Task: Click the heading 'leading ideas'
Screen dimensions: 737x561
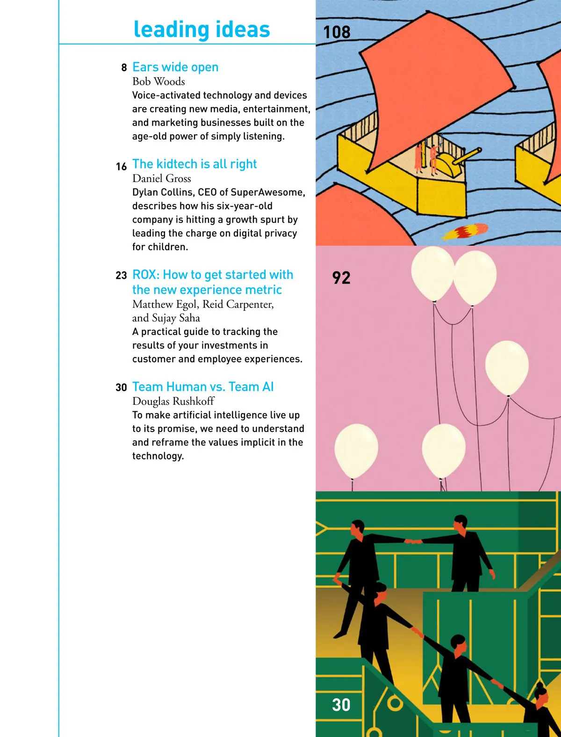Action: tap(201, 29)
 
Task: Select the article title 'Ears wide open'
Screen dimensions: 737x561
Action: tap(175, 67)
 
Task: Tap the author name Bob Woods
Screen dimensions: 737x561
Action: tap(158, 81)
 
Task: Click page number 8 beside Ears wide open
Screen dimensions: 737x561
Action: tap(124, 68)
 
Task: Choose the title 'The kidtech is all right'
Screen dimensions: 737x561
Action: tap(194, 164)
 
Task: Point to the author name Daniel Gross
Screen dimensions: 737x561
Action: tap(162, 178)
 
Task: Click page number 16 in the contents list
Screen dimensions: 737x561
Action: tap(122, 167)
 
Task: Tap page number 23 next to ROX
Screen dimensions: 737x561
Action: tap(122, 276)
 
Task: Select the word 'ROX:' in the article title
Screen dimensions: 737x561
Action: tap(146, 275)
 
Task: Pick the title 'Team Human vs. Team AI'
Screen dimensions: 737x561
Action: tap(203, 387)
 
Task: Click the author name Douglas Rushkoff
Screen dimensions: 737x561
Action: tap(173, 401)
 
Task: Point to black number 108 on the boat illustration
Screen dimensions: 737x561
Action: tap(337, 32)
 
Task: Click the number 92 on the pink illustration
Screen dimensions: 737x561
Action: tap(341, 278)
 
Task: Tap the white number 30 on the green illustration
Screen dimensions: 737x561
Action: tap(341, 705)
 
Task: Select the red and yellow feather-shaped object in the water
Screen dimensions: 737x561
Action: tap(465, 231)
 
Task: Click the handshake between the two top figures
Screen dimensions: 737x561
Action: tap(413, 541)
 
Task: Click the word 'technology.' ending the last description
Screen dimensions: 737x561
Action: tap(158, 456)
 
